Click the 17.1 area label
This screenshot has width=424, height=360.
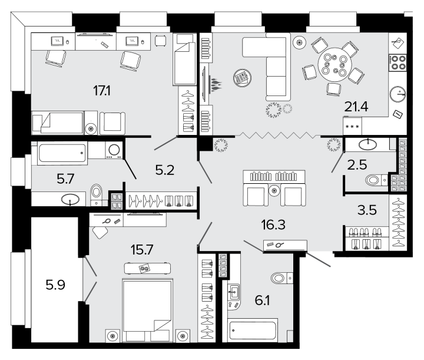(x=102, y=91)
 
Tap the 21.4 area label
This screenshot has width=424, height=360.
(x=356, y=107)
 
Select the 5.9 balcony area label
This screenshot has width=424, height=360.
(x=55, y=285)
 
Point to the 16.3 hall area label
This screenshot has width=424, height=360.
(x=273, y=224)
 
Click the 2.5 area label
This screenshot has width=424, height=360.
(x=357, y=165)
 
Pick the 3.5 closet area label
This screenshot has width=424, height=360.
(x=367, y=210)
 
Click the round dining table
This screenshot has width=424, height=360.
(x=334, y=64)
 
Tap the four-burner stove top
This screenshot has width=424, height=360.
(x=397, y=63)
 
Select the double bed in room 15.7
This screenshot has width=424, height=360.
(x=147, y=310)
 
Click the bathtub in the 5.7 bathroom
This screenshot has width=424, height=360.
(x=62, y=153)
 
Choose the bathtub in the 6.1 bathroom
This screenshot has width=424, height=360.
(x=253, y=330)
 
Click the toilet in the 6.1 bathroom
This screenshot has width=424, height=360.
(x=281, y=278)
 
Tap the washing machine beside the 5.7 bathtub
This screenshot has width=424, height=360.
(x=114, y=150)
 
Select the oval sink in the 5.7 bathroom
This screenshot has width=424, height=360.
(x=70, y=200)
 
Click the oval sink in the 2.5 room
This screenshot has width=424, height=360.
(x=367, y=144)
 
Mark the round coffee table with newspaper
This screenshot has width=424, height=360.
(x=242, y=78)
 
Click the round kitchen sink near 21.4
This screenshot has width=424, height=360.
(x=397, y=94)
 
